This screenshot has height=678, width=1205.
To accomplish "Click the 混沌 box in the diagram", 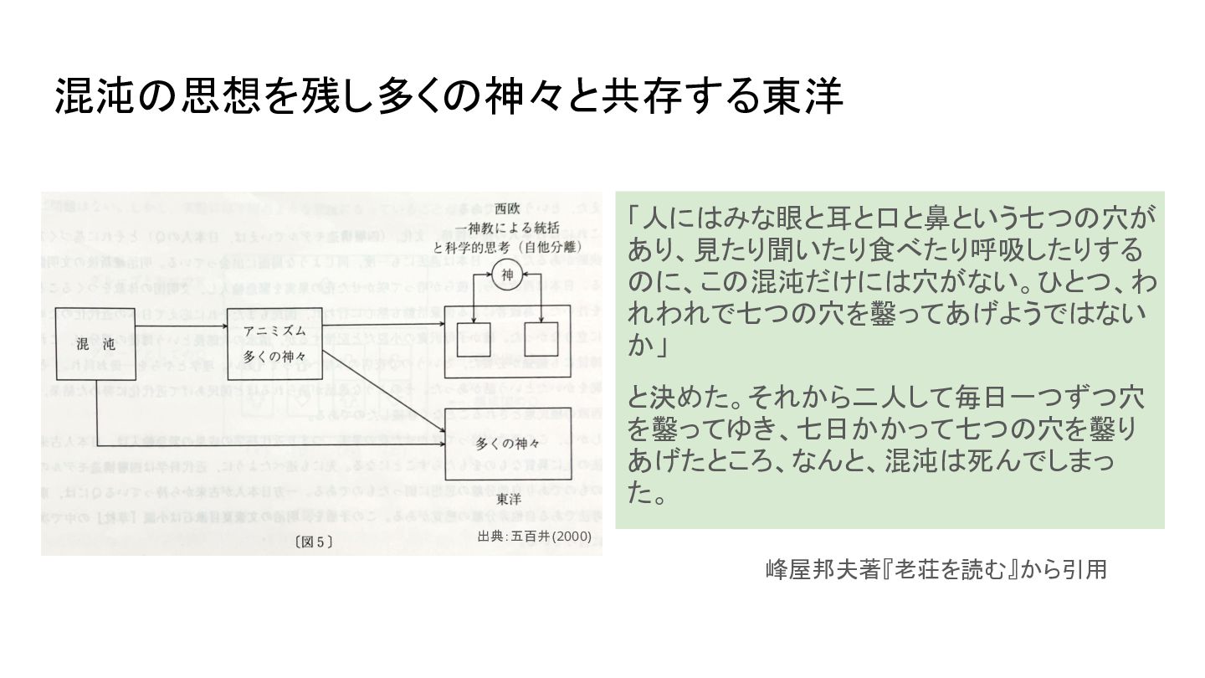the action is click(97, 343).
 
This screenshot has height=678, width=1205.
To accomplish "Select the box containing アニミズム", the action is click(274, 343).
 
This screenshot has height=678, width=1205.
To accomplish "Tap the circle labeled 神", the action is click(506, 273).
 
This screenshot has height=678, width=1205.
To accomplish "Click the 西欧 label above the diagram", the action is click(507, 208).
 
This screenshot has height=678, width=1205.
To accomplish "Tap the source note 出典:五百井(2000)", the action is click(534, 536).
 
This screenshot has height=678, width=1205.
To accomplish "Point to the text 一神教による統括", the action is click(506, 229).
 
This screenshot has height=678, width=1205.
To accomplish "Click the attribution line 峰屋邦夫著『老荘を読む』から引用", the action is click(936, 570).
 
